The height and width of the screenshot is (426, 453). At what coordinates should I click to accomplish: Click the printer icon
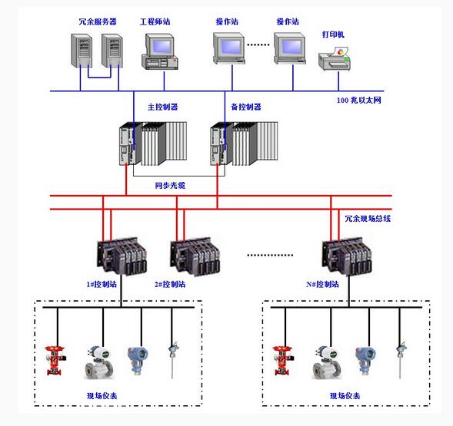[335, 59]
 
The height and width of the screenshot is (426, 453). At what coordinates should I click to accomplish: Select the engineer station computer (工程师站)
[160, 51]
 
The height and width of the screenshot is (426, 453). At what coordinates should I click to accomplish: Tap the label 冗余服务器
[98, 21]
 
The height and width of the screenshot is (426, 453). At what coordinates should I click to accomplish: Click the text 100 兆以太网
[359, 101]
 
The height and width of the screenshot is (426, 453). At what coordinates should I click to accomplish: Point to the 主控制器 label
[162, 107]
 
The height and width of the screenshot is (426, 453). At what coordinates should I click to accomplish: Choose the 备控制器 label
[246, 107]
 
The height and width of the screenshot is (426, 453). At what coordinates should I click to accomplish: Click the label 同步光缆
[170, 186]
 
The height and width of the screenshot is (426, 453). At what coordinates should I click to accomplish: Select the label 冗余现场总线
[368, 219]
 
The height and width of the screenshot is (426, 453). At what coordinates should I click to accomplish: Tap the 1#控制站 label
[102, 285]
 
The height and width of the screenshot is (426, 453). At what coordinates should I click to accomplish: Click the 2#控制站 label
[169, 285]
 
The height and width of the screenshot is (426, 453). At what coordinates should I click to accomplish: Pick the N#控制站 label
[322, 285]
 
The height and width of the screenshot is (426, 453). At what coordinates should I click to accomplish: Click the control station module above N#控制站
[347, 256]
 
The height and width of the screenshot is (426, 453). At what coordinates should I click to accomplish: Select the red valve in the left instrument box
[55, 361]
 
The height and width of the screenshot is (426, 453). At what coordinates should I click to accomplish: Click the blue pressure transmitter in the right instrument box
[365, 361]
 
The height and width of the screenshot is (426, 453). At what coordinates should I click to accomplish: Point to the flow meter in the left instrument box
[99, 362]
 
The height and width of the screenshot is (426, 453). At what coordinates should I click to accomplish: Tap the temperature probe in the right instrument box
[401, 360]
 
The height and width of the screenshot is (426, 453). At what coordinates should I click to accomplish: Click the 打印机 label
[333, 35]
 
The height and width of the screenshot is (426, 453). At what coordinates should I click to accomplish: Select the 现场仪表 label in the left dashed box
[102, 396]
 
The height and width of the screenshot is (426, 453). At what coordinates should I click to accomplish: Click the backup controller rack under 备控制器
[244, 144]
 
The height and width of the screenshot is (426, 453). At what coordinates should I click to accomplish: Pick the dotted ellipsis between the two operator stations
[258, 45]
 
